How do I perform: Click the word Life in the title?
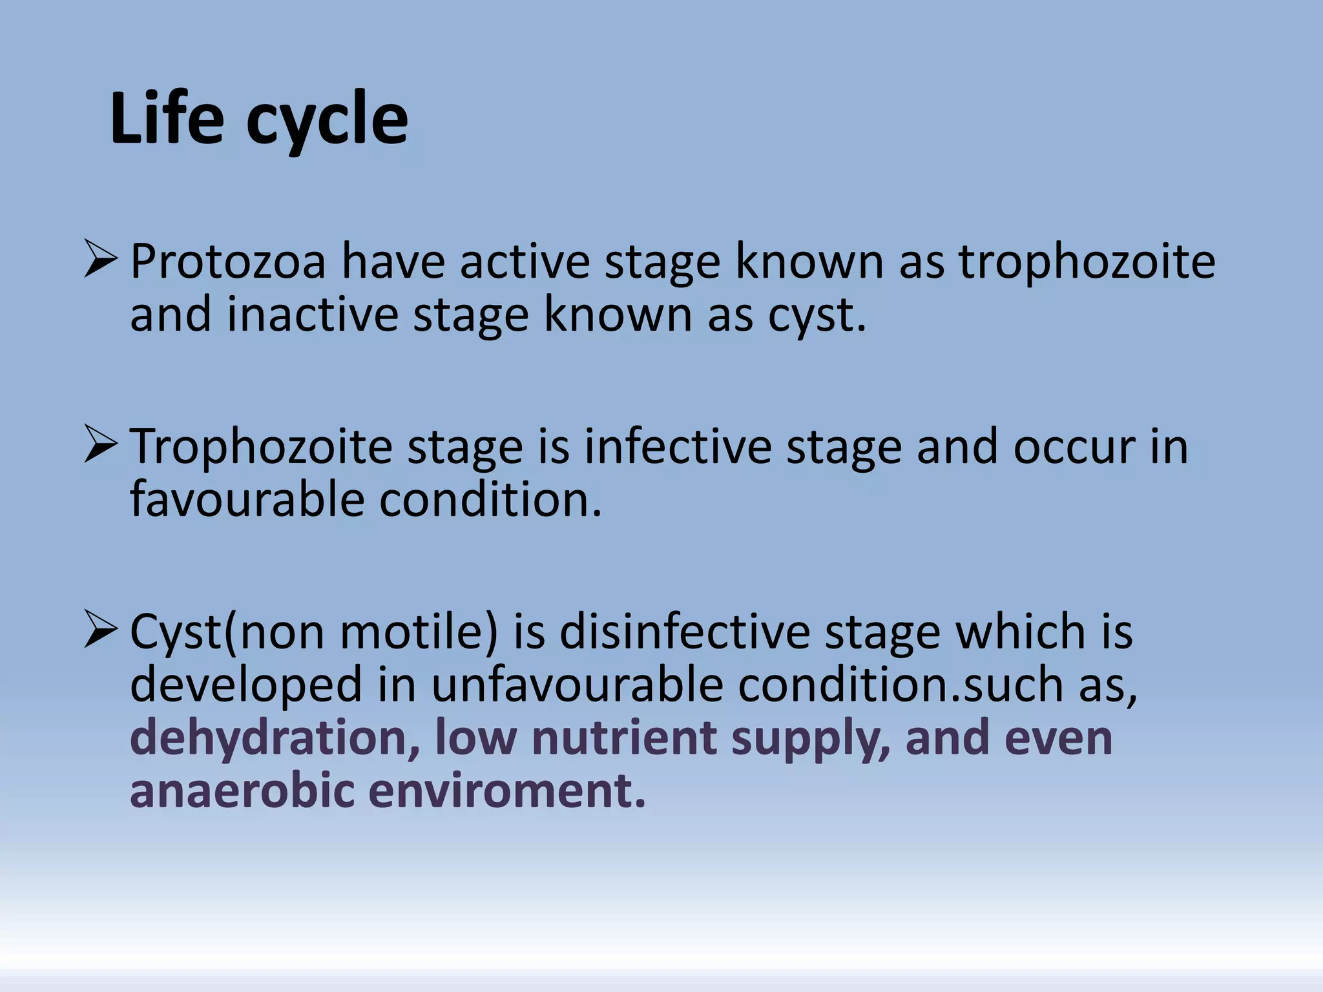point(167,119)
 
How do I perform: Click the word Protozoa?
point(228,262)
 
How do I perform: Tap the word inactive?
point(313,315)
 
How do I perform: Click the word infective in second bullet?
point(678,447)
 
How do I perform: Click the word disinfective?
point(685,632)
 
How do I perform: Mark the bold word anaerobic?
point(242,791)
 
